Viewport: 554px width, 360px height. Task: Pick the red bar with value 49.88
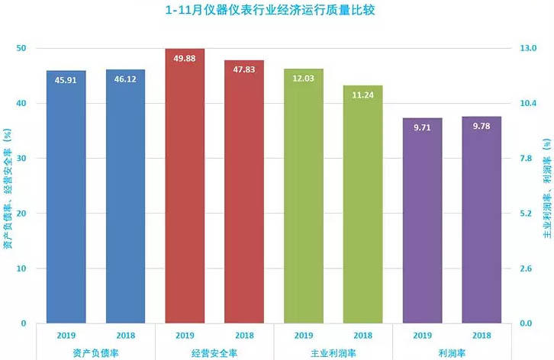(x=185, y=186)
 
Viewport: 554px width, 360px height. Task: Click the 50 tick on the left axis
(x=21, y=48)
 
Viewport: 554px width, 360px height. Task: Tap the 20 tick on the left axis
(x=21, y=214)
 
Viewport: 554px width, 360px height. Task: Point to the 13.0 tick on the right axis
(x=529, y=48)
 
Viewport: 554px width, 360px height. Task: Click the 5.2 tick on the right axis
(x=529, y=214)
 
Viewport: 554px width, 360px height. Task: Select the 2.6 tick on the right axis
(x=529, y=268)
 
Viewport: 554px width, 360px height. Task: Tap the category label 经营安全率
(x=214, y=352)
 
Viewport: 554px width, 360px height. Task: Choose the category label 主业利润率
(x=333, y=352)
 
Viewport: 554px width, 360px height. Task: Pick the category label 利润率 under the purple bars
(x=452, y=352)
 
